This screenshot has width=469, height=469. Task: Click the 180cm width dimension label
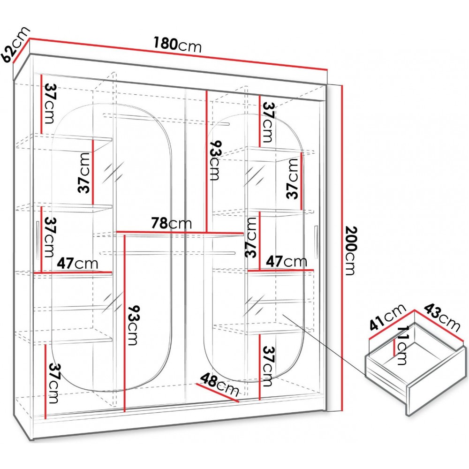pyautogui.click(x=178, y=45)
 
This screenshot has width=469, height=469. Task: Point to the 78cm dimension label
pyautogui.click(x=171, y=223)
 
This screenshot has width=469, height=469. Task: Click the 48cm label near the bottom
pyautogui.click(x=219, y=385)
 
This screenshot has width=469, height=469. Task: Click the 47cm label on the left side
pyautogui.click(x=77, y=263)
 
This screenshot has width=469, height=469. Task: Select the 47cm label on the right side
pyautogui.click(x=287, y=261)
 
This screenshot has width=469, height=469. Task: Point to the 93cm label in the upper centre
pyautogui.click(x=215, y=160)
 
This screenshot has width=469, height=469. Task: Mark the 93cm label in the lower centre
pyautogui.click(x=132, y=325)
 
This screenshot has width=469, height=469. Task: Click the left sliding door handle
pyautogui.click(x=37, y=239)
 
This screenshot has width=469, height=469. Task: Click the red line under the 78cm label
pyautogui.click(x=180, y=232)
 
